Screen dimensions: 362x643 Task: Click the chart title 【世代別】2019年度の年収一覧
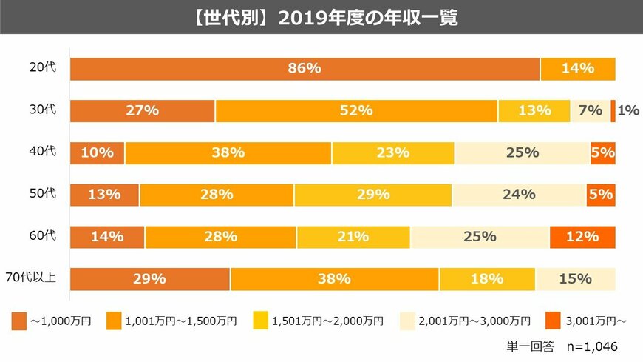[x=321, y=17]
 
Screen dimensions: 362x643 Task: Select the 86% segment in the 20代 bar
[x=305, y=68]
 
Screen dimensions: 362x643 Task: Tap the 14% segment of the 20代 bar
[x=578, y=68]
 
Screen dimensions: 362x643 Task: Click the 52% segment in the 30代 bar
[x=356, y=110]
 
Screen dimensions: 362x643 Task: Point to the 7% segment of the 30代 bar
[x=591, y=110]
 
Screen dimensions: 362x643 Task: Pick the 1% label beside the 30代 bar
[x=628, y=110]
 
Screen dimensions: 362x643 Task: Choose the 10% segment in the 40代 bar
[x=98, y=153]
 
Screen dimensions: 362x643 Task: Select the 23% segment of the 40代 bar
[x=392, y=153]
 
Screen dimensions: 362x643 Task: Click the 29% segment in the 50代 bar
[x=372, y=195]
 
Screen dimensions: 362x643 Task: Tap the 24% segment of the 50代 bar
[x=519, y=195]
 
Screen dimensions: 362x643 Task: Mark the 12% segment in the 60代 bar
[x=582, y=237]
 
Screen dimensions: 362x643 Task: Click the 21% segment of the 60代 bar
[x=353, y=237]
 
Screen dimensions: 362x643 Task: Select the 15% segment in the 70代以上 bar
[x=575, y=279]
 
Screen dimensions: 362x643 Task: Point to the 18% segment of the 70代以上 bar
[x=487, y=279]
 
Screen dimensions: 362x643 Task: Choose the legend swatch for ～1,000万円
[x=20, y=321]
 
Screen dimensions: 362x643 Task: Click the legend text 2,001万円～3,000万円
[x=474, y=321]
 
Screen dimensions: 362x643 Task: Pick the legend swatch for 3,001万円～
[x=554, y=321]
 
